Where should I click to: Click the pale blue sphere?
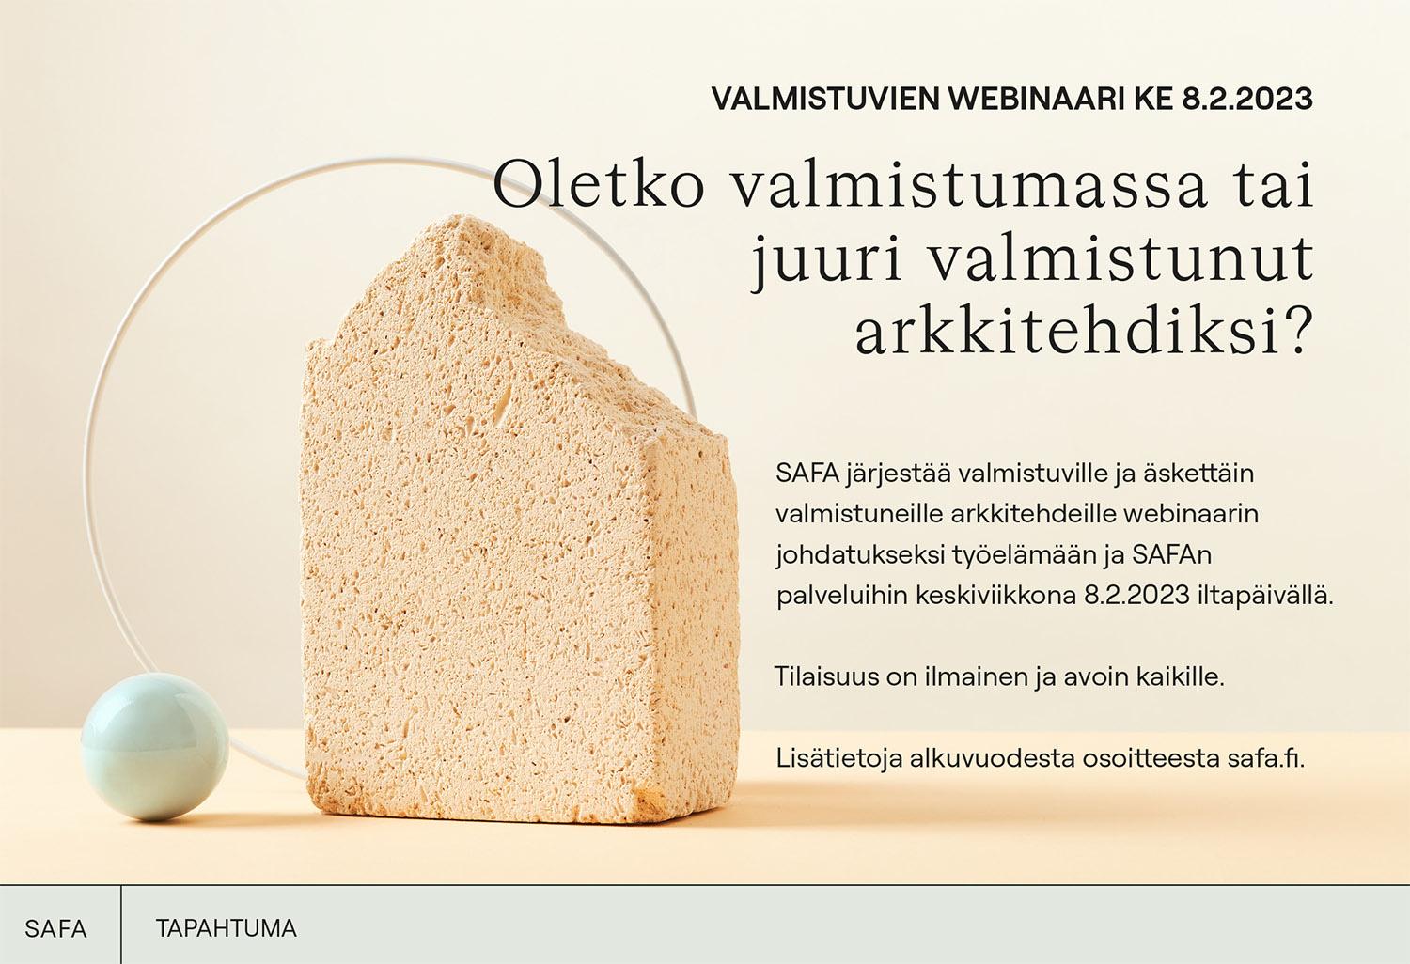click(155, 746)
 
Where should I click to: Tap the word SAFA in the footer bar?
click(55, 928)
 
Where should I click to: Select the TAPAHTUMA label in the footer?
click(226, 928)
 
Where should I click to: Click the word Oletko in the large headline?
click(599, 185)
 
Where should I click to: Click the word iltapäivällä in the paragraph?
click(1262, 596)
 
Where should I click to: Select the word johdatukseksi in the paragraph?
click(859, 555)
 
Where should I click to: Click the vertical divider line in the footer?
click(121, 925)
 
